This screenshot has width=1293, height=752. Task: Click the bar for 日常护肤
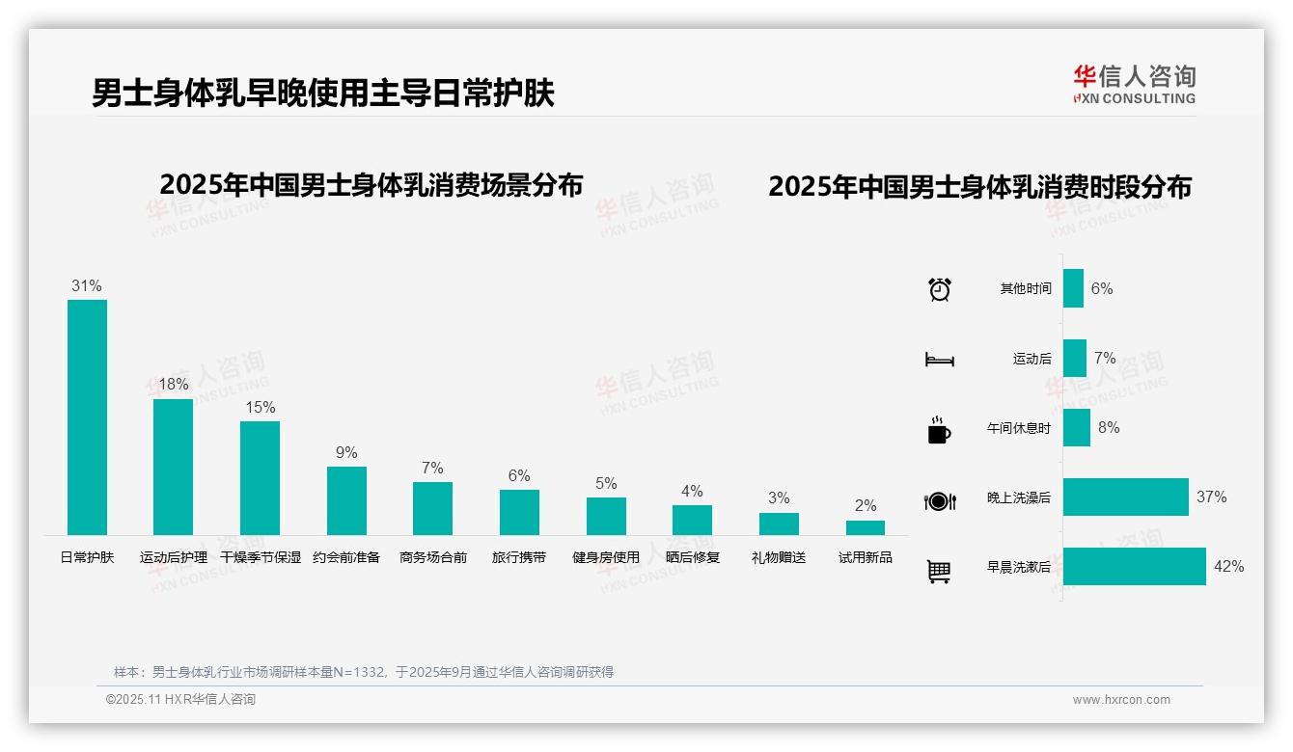coord(87,416)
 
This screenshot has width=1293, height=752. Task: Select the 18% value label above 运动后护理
coord(174,384)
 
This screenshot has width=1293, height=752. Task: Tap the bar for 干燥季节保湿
coord(260,477)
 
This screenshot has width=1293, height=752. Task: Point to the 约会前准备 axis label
coord(346,557)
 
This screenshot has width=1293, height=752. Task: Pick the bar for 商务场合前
coord(432,508)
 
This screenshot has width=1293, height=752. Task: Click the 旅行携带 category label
coord(519,557)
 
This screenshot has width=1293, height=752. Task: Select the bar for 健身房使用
coord(606,516)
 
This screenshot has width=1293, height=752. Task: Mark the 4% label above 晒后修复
coord(692,491)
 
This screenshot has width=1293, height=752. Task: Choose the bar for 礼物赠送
coord(779,524)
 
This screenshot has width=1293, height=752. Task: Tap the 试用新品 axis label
coord(866,557)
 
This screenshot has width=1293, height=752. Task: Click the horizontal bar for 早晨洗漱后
coord(1135,566)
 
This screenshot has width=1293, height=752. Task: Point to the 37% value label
coord(1212,497)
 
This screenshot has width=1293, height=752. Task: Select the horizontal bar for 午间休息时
coord(1077,427)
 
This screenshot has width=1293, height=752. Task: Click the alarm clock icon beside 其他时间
coord(940,288)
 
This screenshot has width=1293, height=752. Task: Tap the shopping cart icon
coord(939,571)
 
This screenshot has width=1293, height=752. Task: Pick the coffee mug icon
coord(939,430)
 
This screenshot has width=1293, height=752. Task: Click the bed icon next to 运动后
coord(939,360)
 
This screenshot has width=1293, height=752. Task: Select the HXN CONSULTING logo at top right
coord(1135,85)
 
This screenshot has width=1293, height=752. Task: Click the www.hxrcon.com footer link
coord(1121,700)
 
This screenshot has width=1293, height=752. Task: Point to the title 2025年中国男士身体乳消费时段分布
coord(979,186)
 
